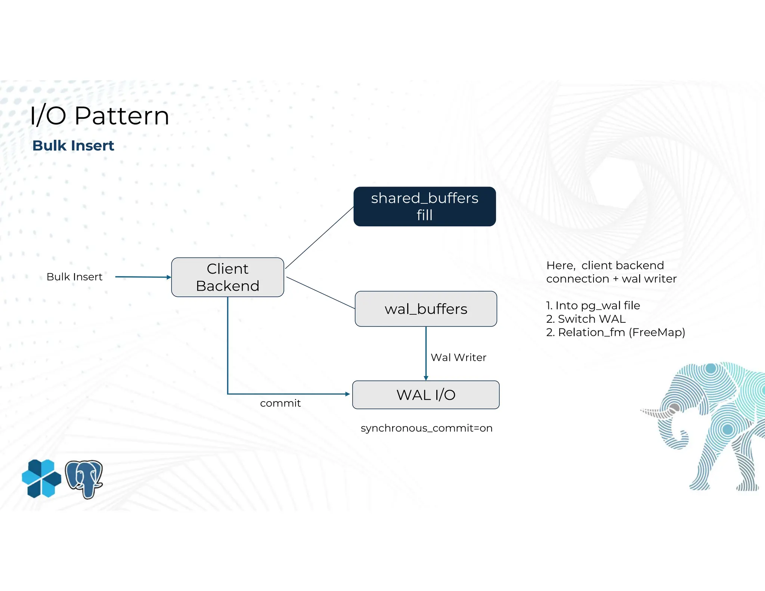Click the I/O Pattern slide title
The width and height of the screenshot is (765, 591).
(x=99, y=115)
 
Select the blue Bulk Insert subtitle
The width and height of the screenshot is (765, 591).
(x=73, y=146)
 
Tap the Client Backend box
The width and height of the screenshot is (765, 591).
(x=227, y=277)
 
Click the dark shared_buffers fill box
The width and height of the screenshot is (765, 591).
(x=425, y=207)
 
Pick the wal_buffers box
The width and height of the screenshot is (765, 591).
(x=426, y=309)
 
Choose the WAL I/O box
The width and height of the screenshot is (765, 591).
(x=426, y=395)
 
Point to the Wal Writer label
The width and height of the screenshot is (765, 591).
(x=458, y=358)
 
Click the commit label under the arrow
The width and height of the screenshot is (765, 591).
(x=280, y=403)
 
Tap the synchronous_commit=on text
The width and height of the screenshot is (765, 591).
(x=427, y=428)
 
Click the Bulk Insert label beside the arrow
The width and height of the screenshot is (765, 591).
(x=74, y=277)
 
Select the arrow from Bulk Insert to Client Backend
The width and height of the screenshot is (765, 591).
(x=142, y=277)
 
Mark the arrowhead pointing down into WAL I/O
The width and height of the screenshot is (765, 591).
(x=426, y=378)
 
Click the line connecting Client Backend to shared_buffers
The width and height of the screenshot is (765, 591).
(x=319, y=238)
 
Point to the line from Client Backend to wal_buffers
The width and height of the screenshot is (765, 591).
(x=320, y=293)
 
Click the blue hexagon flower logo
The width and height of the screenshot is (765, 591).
(x=41, y=479)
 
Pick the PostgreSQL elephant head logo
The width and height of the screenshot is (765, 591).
(x=84, y=479)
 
